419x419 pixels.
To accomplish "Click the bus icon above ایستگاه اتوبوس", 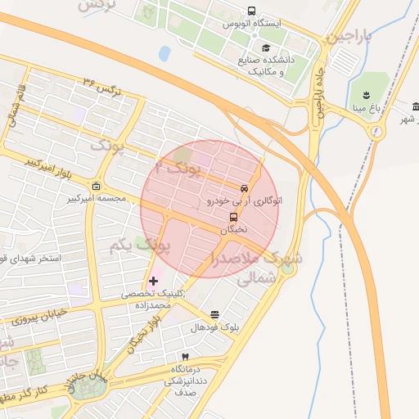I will coord(250,11).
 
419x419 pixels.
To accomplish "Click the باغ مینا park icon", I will coord(365,91).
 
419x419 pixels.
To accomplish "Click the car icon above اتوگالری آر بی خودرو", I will coord(244,188).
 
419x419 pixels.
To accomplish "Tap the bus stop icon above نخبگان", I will coord(234,218).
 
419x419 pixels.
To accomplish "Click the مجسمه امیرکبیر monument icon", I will coord(97,186).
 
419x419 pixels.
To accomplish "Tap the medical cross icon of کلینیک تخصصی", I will coord(154,282).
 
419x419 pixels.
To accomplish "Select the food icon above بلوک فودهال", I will coord(214,315).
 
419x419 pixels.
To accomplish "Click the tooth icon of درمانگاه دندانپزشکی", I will coord(185,358).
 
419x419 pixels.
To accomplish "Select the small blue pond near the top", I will coord(164,54).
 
